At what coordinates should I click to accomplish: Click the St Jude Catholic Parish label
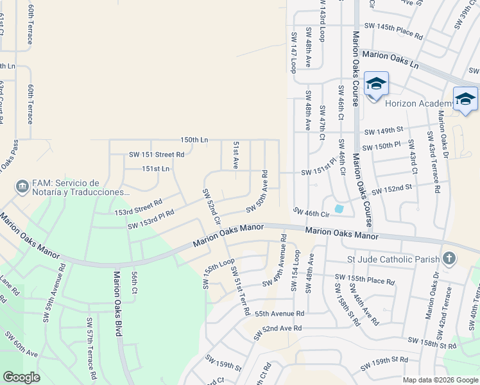[392, 259]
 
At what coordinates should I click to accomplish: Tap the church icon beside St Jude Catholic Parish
[449, 259]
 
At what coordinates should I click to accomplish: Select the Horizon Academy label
[418, 103]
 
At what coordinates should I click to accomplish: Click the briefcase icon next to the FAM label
[22, 187]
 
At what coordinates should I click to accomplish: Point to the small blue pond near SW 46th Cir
[339, 208]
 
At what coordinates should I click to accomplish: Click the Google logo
[21, 377]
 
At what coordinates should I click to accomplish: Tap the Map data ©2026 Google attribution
[440, 380]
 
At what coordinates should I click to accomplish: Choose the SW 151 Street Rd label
[157, 154]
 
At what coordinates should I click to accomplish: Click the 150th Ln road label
[194, 139]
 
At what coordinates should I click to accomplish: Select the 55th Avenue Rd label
[279, 314]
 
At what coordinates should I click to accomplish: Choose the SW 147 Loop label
[293, 52]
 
